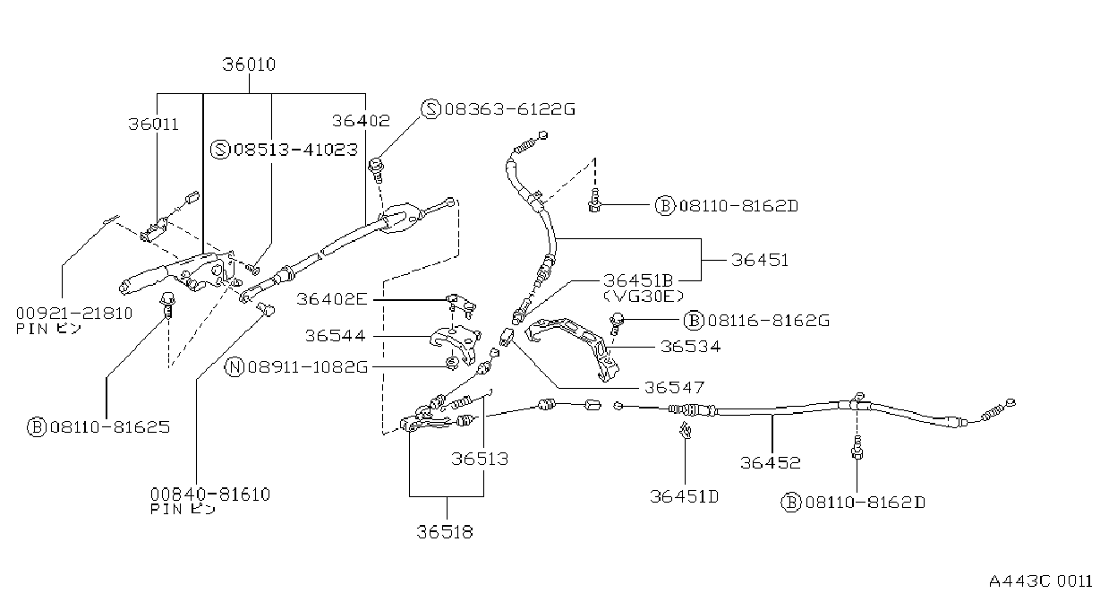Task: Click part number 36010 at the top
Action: (249, 64)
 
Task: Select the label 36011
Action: (154, 124)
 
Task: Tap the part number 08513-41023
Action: (295, 150)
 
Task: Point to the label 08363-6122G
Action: (510, 108)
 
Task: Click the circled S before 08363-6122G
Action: (431, 109)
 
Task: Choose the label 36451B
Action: (638, 280)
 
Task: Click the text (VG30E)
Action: (644, 297)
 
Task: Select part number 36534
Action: (690, 347)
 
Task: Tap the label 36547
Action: (674, 387)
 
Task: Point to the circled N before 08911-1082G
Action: (234, 367)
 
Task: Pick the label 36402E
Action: (332, 299)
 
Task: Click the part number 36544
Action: (336, 336)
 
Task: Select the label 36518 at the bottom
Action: (445, 532)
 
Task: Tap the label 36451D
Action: (684, 496)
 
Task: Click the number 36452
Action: (770, 462)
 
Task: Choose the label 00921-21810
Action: (74, 313)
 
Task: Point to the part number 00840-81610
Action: (210, 494)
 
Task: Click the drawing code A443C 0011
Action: (1041, 581)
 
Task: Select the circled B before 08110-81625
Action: (37, 427)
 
